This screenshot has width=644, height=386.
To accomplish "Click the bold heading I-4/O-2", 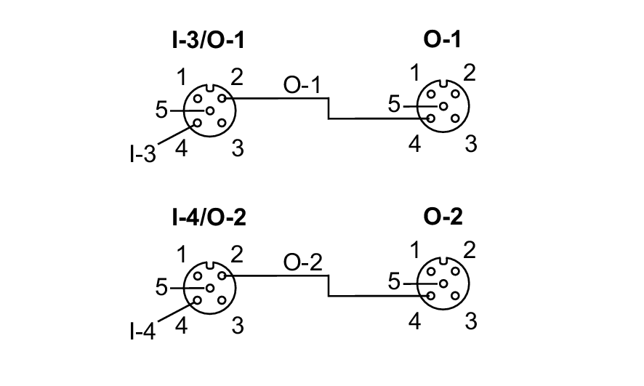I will [208, 217].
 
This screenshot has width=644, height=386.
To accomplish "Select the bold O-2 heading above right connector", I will [443, 217].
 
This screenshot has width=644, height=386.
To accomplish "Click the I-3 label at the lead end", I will [142, 155].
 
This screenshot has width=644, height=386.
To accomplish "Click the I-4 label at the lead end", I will [142, 331].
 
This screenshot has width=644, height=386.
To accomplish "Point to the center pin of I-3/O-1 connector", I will [209, 110].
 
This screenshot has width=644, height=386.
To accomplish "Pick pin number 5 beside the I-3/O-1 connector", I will [161, 110].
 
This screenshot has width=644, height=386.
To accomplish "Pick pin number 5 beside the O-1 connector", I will [394, 105].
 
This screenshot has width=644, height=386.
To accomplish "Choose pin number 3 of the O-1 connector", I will [470, 144].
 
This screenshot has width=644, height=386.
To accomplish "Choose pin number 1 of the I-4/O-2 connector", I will [183, 254].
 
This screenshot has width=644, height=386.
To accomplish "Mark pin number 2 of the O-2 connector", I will [470, 252].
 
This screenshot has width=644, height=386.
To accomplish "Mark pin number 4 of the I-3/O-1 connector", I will [182, 149].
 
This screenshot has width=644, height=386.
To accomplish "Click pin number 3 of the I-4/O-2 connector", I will [237, 326].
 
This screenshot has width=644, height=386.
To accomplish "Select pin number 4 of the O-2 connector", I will [414, 321].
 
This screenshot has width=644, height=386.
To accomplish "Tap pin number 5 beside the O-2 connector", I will [394, 282].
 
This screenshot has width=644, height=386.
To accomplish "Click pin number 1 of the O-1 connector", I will [415, 73].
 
